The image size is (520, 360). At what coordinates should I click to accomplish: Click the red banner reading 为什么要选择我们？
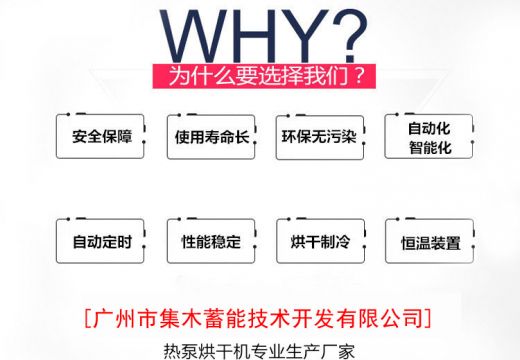[259, 76]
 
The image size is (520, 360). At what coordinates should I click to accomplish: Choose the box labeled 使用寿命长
[209, 136]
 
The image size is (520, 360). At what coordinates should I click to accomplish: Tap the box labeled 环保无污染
[318, 136]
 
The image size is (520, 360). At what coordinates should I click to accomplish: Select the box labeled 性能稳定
[209, 241]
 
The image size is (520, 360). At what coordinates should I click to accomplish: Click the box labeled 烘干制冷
[318, 241]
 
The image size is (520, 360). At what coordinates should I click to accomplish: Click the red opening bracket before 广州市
[83, 319]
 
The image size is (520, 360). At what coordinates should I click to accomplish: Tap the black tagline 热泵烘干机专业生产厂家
[258, 351]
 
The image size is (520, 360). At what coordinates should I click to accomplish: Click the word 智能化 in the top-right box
[429, 147]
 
